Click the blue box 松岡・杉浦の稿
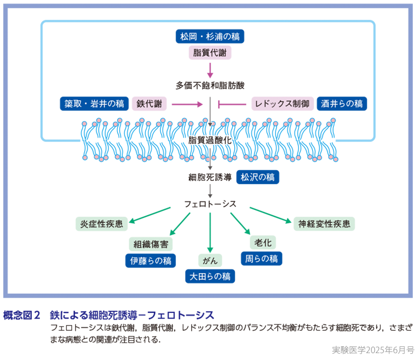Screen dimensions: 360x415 (x=210, y=37)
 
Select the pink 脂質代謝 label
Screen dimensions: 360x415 (x=210, y=53)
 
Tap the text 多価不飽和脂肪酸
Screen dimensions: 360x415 (x=210, y=85)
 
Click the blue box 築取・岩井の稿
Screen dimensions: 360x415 (x=94, y=103)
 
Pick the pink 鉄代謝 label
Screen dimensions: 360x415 (x=149, y=103)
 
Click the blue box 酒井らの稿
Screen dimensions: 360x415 (x=342, y=103)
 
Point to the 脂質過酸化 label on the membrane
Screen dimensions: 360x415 (x=210, y=140)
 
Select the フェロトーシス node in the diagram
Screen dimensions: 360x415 (x=210, y=204)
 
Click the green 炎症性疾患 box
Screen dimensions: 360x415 (x=102, y=224)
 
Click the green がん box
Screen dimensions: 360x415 (x=210, y=260)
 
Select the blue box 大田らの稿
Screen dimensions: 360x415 (x=210, y=276)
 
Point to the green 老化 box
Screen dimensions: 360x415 (x=263, y=243)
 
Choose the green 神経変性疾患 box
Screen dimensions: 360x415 (x=324, y=224)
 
